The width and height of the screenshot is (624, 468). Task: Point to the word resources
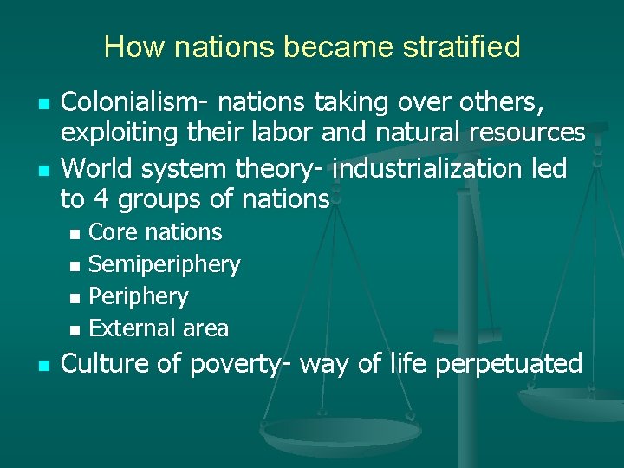526,133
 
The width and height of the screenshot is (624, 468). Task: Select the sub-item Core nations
155,232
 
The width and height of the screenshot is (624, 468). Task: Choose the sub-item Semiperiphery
165,264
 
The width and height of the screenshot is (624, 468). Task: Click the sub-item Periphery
138,296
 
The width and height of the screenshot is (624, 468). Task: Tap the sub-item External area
159,328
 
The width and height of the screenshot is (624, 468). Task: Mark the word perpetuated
509,363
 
